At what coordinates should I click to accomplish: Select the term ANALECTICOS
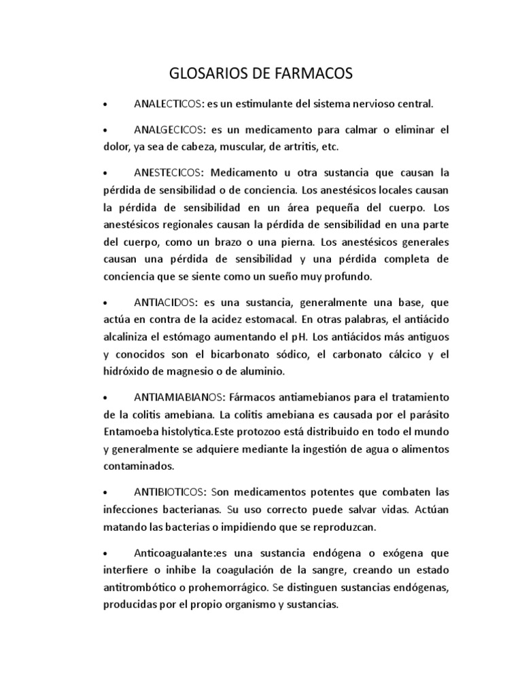pyautogui.click(x=167, y=105)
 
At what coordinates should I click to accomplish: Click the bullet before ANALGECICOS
pyautogui.click(x=105, y=130)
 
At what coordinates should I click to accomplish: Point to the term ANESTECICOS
pyautogui.click(x=167, y=172)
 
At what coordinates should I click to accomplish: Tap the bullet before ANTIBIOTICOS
pyautogui.click(x=105, y=491)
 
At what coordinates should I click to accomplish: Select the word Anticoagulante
pyautogui.click(x=169, y=552)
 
